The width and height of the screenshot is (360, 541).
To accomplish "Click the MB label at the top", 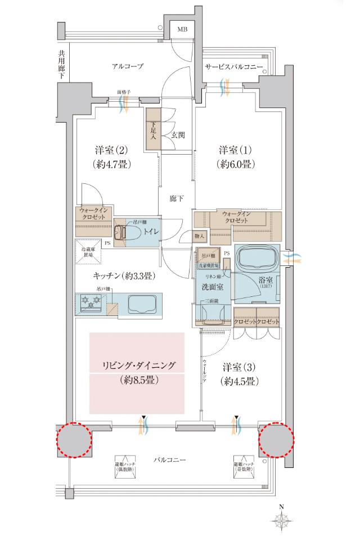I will (183, 29).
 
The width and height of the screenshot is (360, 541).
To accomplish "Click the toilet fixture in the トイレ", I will (122, 232).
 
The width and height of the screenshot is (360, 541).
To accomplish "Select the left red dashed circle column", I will (73, 439).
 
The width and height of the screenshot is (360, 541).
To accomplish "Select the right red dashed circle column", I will (277, 439).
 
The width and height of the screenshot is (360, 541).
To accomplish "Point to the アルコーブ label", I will (127, 66).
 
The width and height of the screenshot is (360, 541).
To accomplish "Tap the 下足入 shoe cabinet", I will (152, 129).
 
